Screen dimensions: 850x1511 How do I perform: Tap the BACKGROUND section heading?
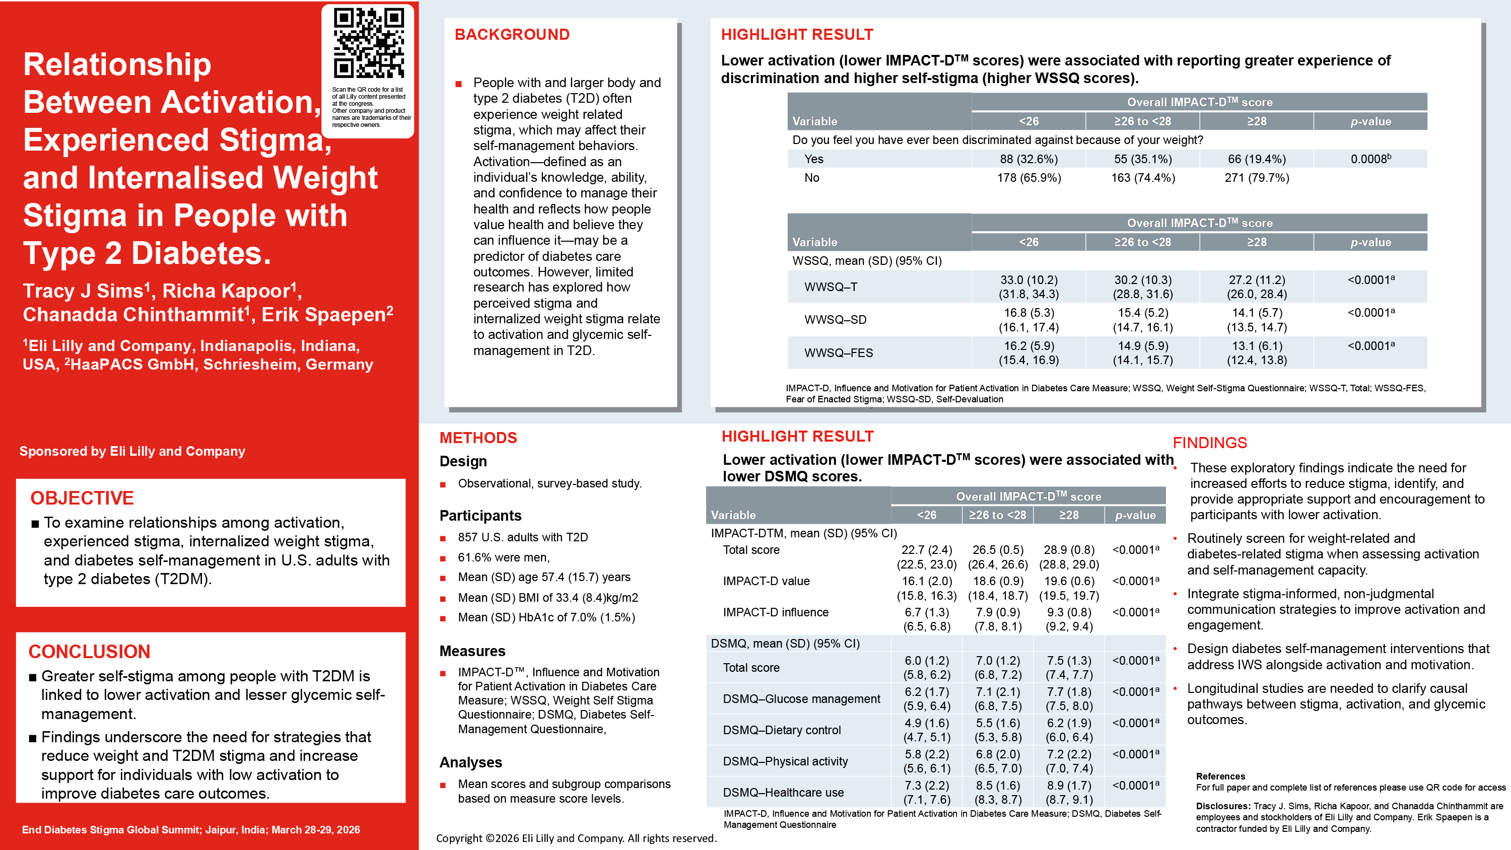coord(512,35)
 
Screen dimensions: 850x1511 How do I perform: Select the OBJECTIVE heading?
coord(82,498)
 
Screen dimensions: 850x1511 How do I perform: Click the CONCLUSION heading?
coord(89,652)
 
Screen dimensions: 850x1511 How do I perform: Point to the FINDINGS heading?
coord(1209,443)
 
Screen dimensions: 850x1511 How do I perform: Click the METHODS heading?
coord(478,438)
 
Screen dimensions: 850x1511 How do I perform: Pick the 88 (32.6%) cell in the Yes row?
coord(1028,159)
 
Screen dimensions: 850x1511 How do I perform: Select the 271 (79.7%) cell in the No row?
coord(1257,178)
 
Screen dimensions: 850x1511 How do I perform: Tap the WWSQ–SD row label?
coord(835,320)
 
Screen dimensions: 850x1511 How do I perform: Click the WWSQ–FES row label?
coord(838,352)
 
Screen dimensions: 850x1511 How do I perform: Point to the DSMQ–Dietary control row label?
coord(781,730)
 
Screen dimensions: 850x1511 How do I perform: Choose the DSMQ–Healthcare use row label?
coord(783,793)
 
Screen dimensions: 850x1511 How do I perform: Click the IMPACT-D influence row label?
coord(776,612)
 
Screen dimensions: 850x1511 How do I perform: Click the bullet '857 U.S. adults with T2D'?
coord(523,537)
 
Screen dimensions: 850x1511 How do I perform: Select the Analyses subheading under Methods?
coord(470,762)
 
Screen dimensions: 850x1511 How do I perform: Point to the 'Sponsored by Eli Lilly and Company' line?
coord(132,451)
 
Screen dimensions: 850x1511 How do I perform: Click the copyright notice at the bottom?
coord(575,838)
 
